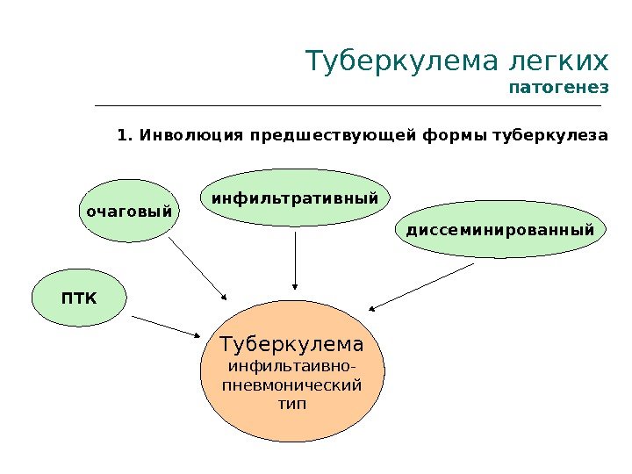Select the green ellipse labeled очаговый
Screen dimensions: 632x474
tap(127, 212)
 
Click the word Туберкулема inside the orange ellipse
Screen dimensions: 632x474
tap(292, 342)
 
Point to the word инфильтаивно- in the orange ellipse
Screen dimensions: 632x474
tap(292, 365)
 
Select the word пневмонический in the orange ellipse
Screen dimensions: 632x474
tap(292, 384)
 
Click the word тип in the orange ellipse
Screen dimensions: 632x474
tap(292, 405)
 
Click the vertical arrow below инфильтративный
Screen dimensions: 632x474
tap(296, 259)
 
